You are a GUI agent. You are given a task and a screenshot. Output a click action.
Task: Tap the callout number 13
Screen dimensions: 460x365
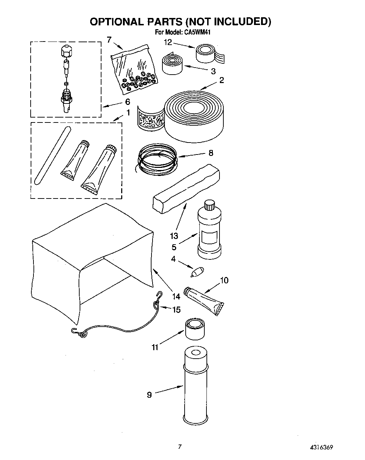pyautogui.click(x=174, y=236)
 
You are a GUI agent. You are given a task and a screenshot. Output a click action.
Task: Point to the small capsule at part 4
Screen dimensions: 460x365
pyautogui.click(x=197, y=272)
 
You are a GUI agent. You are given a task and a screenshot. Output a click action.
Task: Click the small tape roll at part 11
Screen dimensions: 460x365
pyautogui.click(x=194, y=329)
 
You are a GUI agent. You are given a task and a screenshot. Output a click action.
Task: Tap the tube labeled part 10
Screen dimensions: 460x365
pyautogui.click(x=205, y=300)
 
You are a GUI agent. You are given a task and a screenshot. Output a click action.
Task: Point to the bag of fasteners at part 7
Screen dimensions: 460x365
pyautogui.click(x=134, y=68)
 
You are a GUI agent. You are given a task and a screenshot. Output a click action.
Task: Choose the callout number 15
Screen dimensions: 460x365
pyautogui.click(x=176, y=310)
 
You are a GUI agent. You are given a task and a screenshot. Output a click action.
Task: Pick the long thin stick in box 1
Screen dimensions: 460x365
pyautogui.click(x=52, y=155)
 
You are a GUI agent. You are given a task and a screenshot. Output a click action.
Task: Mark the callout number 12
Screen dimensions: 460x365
pyautogui.click(x=168, y=42)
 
